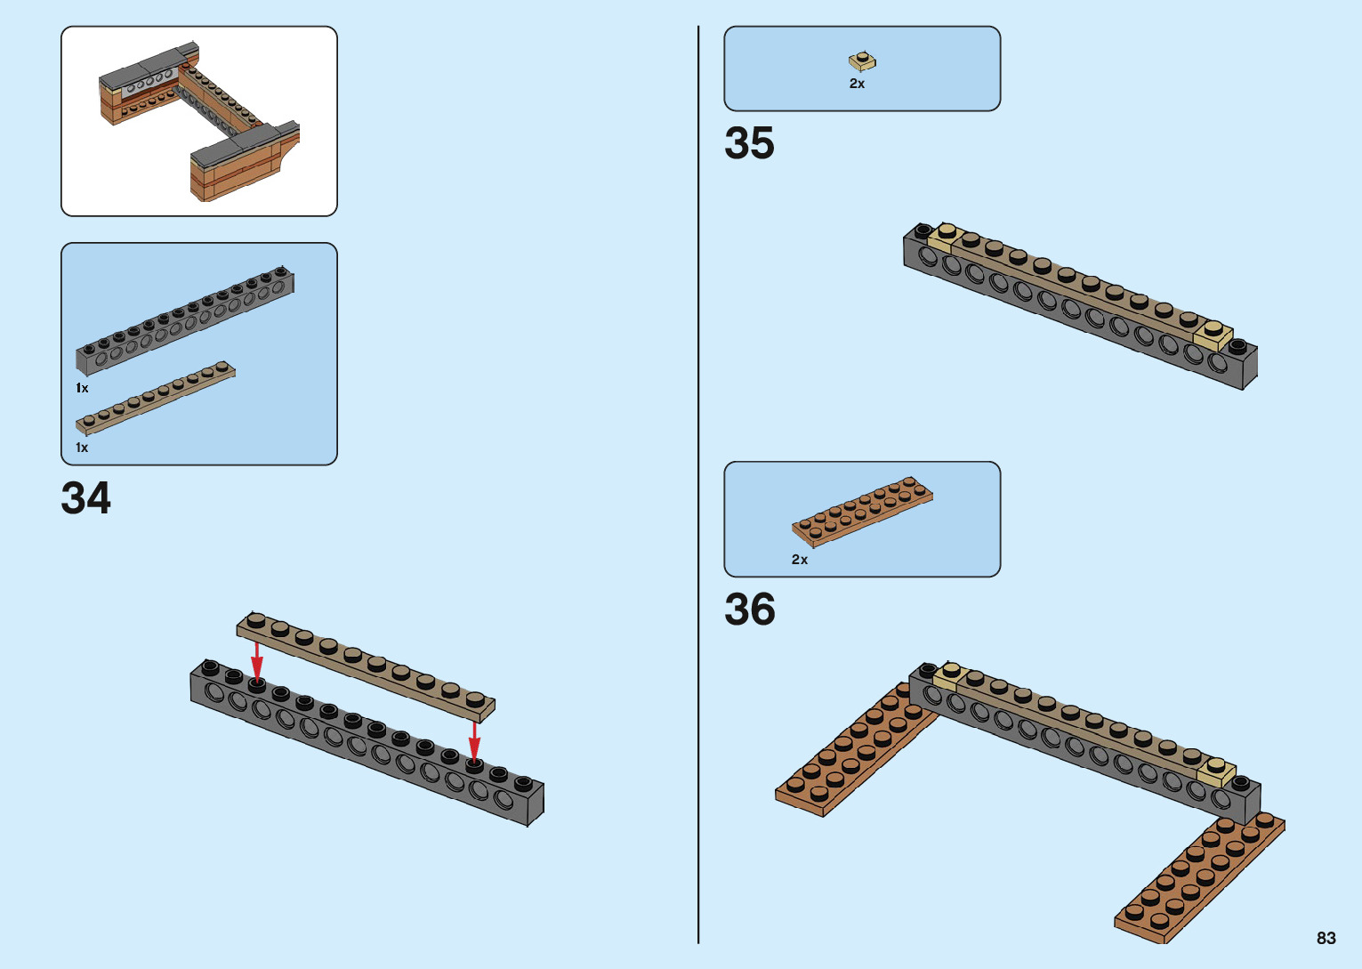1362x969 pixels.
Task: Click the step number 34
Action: tap(86, 498)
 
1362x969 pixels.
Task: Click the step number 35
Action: tap(749, 143)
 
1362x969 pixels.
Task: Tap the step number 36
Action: tap(749, 610)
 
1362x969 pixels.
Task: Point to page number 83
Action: tap(1326, 938)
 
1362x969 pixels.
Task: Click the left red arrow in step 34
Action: tap(256, 660)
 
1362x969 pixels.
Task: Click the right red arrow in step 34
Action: tap(474, 740)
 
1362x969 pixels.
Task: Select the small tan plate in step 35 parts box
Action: tap(861, 61)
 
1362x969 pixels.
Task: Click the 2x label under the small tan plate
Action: tap(857, 84)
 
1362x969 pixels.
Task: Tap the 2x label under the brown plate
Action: tap(800, 560)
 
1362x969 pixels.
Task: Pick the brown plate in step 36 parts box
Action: tap(862, 511)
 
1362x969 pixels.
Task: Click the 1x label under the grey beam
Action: tap(82, 388)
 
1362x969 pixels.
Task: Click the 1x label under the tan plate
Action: tap(82, 448)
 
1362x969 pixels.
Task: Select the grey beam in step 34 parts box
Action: tap(185, 320)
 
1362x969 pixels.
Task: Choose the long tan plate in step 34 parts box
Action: tap(156, 397)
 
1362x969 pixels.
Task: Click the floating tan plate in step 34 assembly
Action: tap(365, 666)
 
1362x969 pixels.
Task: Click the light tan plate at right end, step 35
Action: tap(1213, 335)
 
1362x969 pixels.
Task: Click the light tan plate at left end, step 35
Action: tap(945, 236)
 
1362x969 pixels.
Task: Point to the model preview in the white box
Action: tap(199, 122)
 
